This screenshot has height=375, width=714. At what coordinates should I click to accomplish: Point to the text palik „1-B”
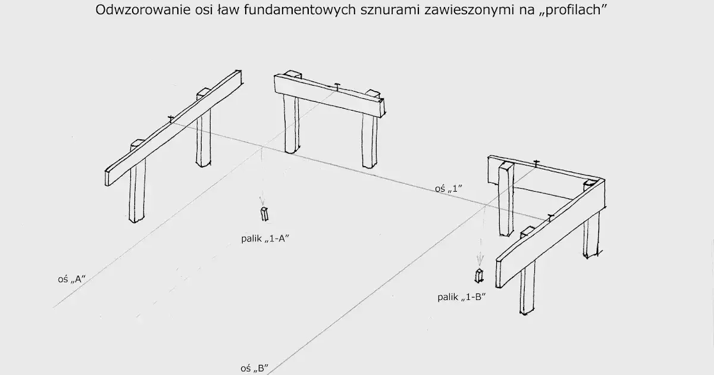(462, 296)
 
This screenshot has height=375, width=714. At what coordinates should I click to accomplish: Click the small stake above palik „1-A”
(264, 214)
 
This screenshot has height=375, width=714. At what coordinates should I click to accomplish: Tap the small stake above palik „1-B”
(479, 276)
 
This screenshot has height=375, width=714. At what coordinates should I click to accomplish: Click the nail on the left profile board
(171, 118)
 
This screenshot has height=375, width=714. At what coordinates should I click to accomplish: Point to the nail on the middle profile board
(337, 86)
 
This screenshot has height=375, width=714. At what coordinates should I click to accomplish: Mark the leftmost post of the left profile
(137, 190)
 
